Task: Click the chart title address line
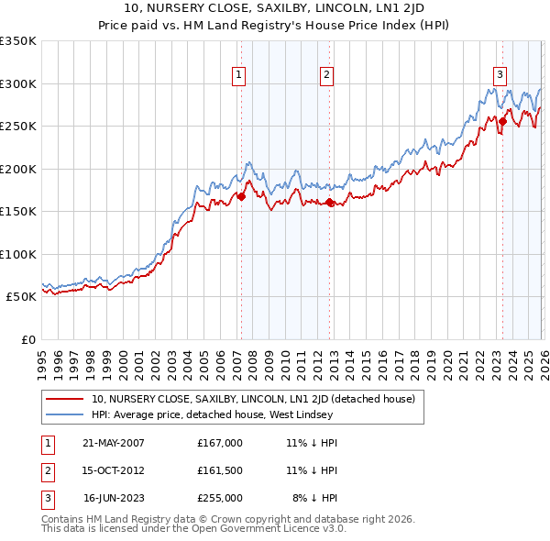[x=274, y=8]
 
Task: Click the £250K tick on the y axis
[x=18, y=126]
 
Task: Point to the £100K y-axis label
[x=18, y=254]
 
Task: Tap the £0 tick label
[x=27, y=339]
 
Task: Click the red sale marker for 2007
[x=242, y=196]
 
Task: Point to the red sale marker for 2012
[x=330, y=202]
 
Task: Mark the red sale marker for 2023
[x=502, y=121]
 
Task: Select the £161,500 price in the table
[x=220, y=470]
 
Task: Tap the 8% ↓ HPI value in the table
[x=314, y=498]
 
